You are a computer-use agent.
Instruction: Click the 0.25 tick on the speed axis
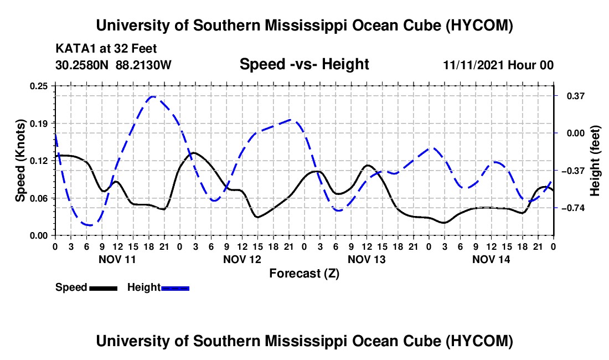coord(38,86)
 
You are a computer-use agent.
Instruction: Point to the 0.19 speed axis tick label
coord(38,124)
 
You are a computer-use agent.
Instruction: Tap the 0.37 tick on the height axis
coord(576,96)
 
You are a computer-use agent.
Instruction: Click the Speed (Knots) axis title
coord(20,161)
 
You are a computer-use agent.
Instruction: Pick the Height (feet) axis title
coord(595,161)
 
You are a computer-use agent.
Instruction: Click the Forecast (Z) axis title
coord(304,274)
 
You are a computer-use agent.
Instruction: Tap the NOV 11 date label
coord(117,259)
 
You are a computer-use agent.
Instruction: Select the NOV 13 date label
coord(367,259)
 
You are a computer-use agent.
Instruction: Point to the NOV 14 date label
coord(491,259)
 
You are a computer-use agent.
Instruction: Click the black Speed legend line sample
coord(104,288)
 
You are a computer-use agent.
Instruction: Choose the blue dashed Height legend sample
coord(175,288)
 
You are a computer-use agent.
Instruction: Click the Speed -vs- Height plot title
coord(304,64)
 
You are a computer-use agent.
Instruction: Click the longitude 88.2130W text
coord(143,65)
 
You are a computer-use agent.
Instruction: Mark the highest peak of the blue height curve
coord(153,96)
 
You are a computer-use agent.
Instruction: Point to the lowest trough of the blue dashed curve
coord(90,225)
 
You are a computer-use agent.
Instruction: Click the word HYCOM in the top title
coord(479,25)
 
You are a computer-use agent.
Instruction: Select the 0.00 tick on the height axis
coord(576,133)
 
